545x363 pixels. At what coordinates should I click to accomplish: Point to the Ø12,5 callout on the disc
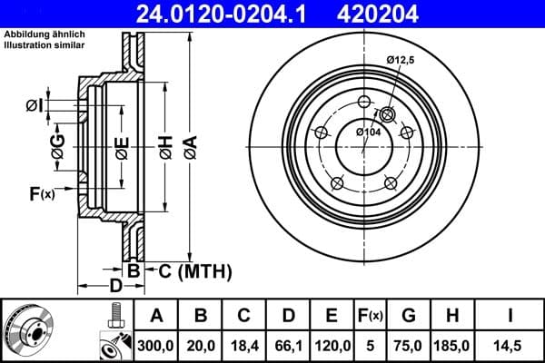[401, 60]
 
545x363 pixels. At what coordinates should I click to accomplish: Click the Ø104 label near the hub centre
[368, 132]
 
